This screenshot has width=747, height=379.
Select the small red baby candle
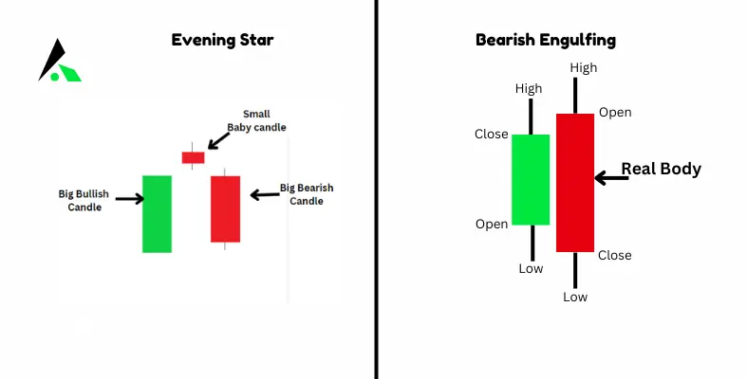193,157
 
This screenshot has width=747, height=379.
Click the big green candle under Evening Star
157,213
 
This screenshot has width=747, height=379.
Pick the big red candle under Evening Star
226,208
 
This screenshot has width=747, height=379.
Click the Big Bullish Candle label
84,200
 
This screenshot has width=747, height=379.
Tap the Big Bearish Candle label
306,194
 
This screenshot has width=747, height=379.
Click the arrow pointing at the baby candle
217,140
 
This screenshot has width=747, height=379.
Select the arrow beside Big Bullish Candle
130,199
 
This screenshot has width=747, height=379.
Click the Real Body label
661,170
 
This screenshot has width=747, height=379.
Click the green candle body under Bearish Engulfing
531,179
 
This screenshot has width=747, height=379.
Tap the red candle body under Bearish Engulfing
575,182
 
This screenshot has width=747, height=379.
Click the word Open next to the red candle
615,113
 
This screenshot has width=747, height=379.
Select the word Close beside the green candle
491,134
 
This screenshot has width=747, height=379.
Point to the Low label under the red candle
575,298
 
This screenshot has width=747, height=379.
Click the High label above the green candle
529,89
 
